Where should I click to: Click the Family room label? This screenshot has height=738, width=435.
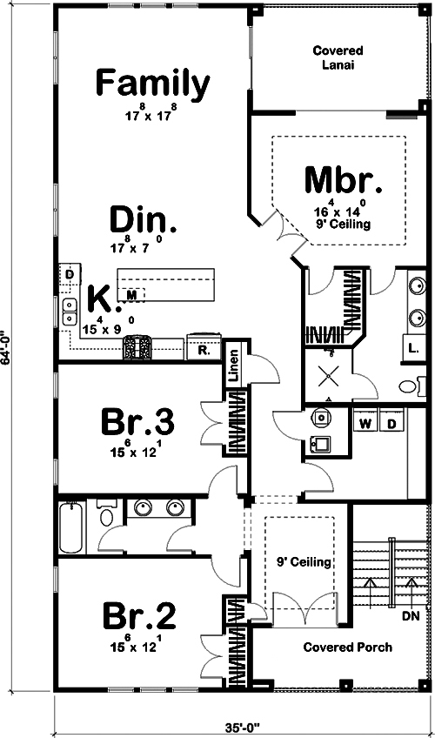click(152, 84)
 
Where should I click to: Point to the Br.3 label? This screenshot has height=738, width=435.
click(139, 423)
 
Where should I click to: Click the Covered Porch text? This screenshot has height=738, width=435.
click(347, 647)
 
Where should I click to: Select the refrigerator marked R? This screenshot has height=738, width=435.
click(202, 350)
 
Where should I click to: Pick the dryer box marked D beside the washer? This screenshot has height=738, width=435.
click(391, 424)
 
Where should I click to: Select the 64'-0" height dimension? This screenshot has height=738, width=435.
click(8, 348)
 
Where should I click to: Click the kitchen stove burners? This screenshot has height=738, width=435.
click(137, 348)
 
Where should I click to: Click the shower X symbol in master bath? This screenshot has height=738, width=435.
click(330, 376)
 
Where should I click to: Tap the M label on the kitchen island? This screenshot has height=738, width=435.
click(131, 296)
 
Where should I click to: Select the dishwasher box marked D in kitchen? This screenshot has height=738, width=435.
click(69, 274)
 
